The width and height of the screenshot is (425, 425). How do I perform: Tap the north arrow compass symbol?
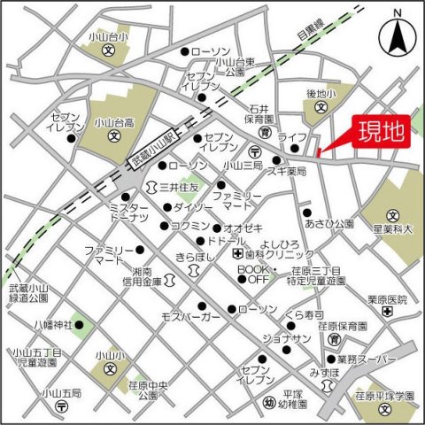(x=396, y=35)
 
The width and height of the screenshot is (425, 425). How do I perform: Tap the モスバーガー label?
(x=189, y=316)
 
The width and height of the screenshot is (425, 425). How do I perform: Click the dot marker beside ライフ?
(x=275, y=159)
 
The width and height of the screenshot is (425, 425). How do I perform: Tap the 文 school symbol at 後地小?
(x=320, y=109)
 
